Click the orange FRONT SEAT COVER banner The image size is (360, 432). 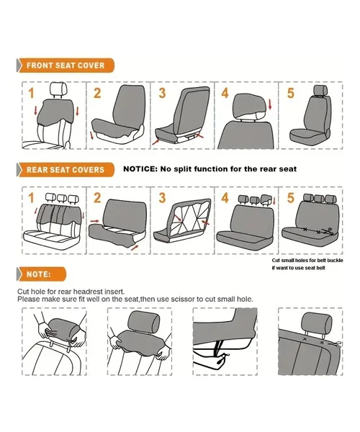click(x=66, y=66)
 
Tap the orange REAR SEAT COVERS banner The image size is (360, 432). click(x=66, y=170)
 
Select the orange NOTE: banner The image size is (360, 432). click(x=41, y=274)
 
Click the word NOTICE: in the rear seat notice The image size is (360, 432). click(x=140, y=169)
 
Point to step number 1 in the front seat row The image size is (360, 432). click(x=31, y=93)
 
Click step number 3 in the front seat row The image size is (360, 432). click(x=162, y=93)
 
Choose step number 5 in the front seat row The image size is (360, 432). click(x=291, y=93)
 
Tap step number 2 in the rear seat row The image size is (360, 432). click(x=97, y=198)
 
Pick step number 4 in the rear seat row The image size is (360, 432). click(x=225, y=198)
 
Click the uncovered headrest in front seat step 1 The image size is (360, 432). click(x=58, y=89)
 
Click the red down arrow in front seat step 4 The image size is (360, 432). click(x=270, y=104)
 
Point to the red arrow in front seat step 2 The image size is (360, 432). click(x=91, y=135)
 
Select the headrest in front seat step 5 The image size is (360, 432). click(x=320, y=90)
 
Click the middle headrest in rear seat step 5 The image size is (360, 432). click(x=319, y=199)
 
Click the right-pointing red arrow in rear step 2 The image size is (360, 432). click(x=94, y=221)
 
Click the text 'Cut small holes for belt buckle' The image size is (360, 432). click(x=307, y=261)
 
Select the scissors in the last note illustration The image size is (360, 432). click(x=335, y=344)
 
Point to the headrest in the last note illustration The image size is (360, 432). click(x=317, y=323)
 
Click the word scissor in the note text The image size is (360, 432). click(x=183, y=300)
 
